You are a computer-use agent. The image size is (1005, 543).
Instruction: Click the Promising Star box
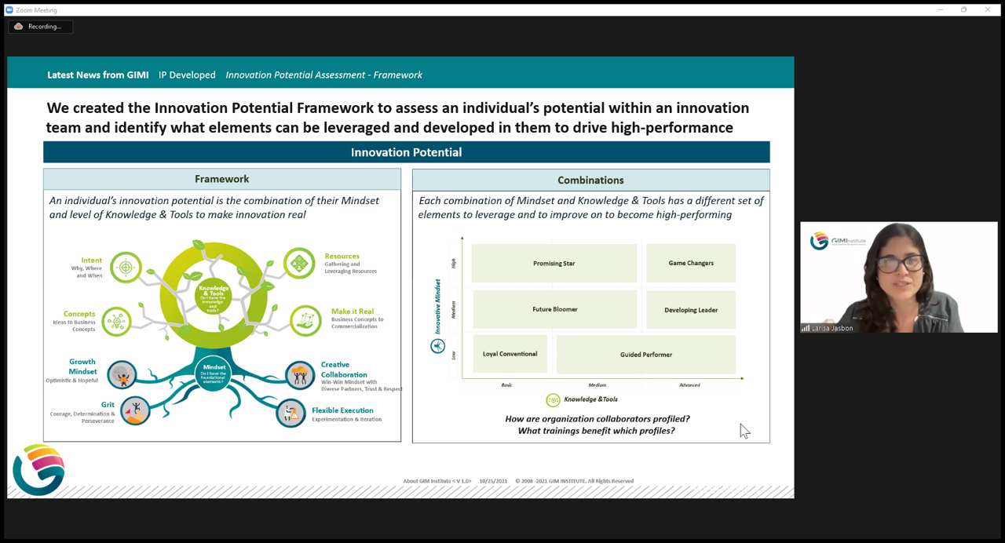[x=554, y=264]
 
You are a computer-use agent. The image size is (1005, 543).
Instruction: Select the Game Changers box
[x=691, y=263]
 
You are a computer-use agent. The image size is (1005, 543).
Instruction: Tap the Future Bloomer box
[x=554, y=309]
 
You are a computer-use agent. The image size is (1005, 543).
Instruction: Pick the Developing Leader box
[x=691, y=310]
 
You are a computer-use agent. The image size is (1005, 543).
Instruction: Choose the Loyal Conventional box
[x=510, y=354]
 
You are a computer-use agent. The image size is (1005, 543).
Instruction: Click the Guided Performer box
[x=645, y=355]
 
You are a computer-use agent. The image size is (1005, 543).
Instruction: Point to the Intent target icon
[x=126, y=267]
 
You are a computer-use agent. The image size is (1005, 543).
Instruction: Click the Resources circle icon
[x=299, y=264]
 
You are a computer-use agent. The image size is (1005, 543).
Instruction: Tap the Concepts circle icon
[x=117, y=321]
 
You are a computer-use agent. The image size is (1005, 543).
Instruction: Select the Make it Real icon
[x=305, y=320]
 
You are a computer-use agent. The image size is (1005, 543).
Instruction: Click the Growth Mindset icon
[x=122, y=375]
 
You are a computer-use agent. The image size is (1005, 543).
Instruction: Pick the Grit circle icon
[x=135, y=410]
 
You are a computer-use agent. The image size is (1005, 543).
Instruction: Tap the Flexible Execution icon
[x=291, y=413]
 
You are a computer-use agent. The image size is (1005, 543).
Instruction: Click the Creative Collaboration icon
[x=300, y=375]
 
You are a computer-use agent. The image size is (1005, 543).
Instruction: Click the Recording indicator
[x=40, y=27]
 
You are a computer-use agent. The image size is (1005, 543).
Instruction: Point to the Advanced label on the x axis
[x=689, y=385]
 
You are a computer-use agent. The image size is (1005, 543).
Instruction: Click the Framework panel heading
[x=222, y=180]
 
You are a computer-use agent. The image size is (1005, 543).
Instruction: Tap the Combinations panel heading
[x=590, y=180]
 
